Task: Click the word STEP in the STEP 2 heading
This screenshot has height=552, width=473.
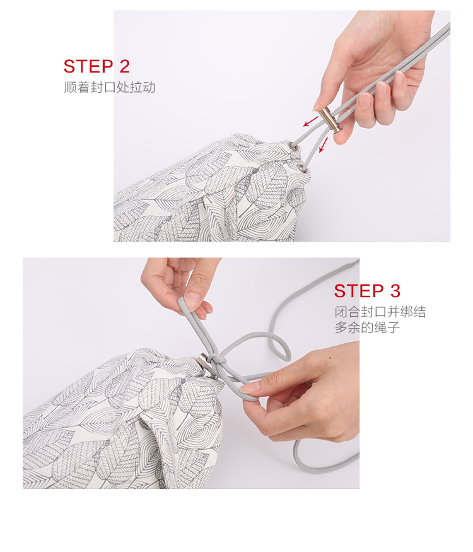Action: pos(88,66)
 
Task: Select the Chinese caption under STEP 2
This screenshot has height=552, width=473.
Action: pos(110,87)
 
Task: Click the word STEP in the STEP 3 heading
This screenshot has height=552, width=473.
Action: pos(359,291)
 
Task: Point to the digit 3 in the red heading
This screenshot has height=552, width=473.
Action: pos(395,291)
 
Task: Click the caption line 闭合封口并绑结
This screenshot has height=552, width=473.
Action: pos(380,312)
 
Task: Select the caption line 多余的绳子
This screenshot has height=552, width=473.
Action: pos(367,327)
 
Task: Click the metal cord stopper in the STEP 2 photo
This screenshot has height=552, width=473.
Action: pos(330,120)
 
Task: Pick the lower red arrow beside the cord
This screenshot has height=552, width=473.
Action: pos(324,144)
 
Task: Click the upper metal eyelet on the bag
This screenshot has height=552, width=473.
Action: pos(293,146)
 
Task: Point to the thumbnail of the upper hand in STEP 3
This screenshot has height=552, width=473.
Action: pos(193,300)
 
